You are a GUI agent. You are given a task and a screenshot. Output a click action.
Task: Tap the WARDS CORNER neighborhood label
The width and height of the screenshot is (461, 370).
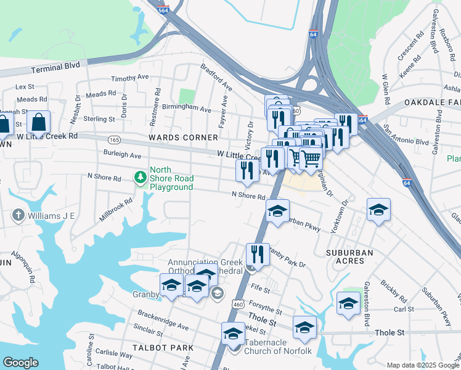click(x=183, y=137)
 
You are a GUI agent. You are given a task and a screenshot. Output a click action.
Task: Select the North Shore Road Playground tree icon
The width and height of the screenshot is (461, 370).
click(x=141, y=178)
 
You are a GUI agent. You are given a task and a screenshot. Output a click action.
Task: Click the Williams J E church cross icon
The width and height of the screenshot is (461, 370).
click(x=18, y=215)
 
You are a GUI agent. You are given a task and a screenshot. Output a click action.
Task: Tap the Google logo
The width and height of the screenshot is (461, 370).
click(x=20, y=363)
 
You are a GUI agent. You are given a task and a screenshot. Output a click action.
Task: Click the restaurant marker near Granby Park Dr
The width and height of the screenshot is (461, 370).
click(x=257, y=254)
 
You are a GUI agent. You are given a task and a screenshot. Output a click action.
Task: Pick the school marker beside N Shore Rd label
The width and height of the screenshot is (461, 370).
click(x=277, y=211)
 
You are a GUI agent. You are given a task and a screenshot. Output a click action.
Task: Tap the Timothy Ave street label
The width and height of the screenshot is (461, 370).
click(x=130, y=78)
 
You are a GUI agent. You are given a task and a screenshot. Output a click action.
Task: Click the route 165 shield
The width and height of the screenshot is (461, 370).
click(x=113, y=141)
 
